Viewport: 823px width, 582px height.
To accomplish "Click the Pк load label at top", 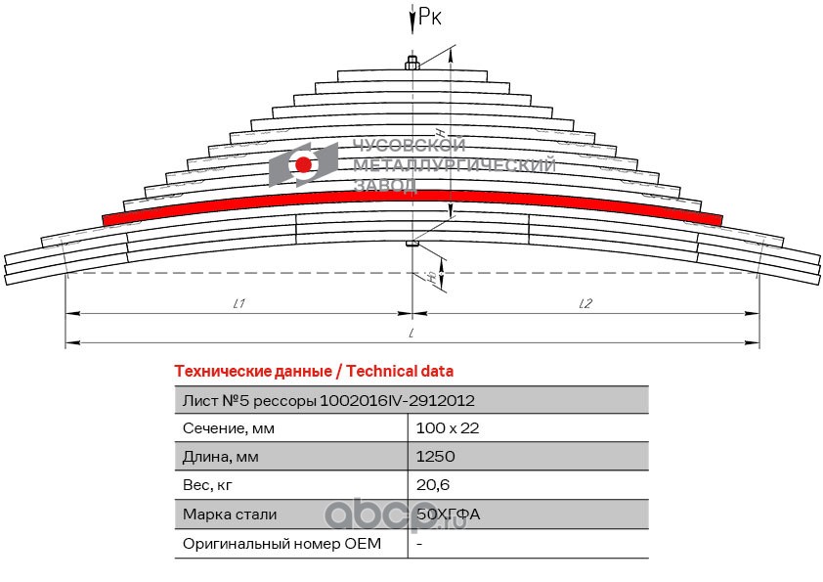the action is pyautogui.click(x=428, y=15).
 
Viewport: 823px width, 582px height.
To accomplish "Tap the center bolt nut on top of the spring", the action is pyautogui.click(x=412, y=65).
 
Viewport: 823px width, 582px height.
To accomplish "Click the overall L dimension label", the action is pyautogui.click(x=413, y=333).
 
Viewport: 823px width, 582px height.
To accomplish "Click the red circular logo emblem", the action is pyautogui.click(x=303, y=164).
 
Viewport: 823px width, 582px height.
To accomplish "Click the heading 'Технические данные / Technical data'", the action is pyautogui.click(x=313, y=372).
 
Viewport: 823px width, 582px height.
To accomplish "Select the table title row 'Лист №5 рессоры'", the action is pyautogui.click(x=329, y=400).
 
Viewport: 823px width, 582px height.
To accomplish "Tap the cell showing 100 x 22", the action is pyautogui.click(x=447, y=428).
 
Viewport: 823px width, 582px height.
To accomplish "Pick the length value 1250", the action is pyautogui.click(x=435, y=457).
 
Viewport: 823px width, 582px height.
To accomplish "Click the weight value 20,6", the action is pyautogui.click(x=432, y=485).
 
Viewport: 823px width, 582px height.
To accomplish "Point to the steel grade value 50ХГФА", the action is pyautogui.click(x=448, y=514).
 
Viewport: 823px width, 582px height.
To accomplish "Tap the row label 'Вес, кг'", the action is pyautogui.click(x=208, y=485).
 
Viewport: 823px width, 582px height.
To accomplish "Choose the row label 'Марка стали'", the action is pyautogui.click(x=230, y=514).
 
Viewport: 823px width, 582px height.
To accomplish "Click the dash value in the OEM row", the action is pyautogui.click(x=418, y=543).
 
